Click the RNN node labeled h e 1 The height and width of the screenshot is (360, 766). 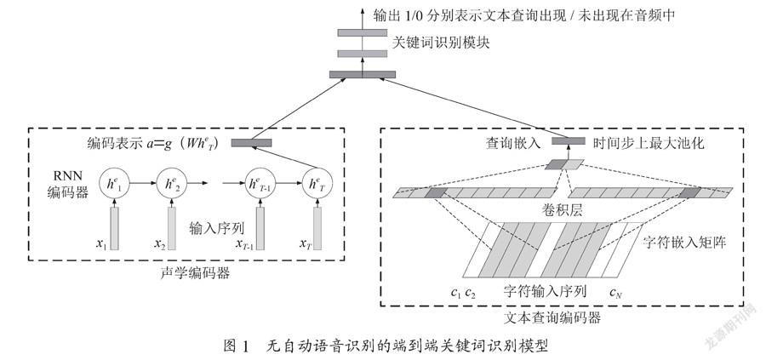(x=114, y=183)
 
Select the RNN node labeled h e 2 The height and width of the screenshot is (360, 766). (x=171, y=183)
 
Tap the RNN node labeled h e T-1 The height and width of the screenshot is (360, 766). (x=260, y=183)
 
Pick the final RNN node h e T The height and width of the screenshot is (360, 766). (x=317, y=183)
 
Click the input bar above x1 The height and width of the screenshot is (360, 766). (x=114, y=228)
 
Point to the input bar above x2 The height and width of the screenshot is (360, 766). (x=172, y=228)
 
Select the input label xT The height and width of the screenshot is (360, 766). (x=306, y=243)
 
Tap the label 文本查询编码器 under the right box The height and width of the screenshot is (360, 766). (x=552, y=318)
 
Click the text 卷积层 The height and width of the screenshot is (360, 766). (x=563, y=210)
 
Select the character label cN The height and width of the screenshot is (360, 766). (x=615, y=293)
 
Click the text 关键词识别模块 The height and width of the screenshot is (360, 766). (x=441, y=43)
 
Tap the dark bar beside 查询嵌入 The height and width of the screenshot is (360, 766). (x=569, y=141)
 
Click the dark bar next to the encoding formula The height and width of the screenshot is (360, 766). (x=251, y=143)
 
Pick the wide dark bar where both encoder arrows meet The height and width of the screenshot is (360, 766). (x=363, y=74)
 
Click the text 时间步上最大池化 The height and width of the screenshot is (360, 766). (x=648, y=143)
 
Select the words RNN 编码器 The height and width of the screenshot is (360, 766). (x=68, y=184)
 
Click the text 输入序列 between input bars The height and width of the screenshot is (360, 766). (x=216, y=227)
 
